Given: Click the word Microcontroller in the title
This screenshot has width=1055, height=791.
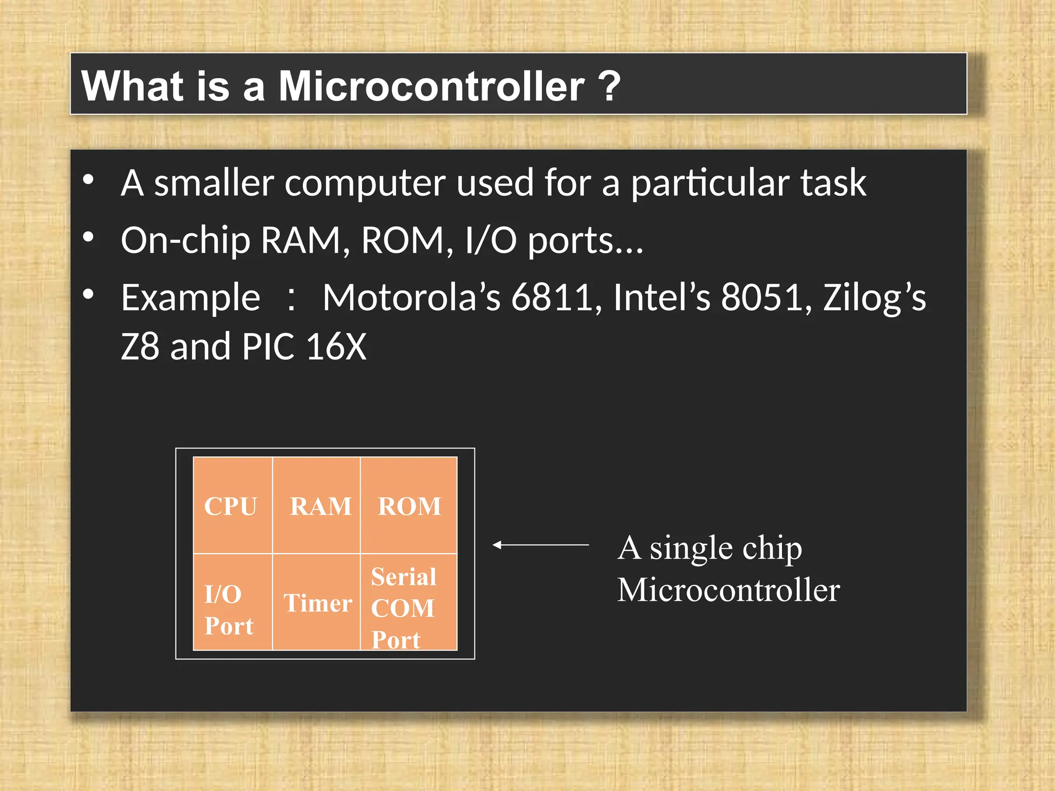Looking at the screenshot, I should tap(431, 86).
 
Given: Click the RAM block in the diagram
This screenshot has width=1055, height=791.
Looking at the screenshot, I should tap(316, 506).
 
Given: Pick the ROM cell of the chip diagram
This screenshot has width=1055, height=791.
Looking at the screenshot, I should tap(409, 506).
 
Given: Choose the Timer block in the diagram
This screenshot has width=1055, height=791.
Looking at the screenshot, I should tap(316, 603).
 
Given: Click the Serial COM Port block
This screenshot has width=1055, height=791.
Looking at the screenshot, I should tap(409, 603).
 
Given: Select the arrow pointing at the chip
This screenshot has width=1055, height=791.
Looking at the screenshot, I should tap(540, 544).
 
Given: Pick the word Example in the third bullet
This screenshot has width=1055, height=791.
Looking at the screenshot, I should tap(190, 299).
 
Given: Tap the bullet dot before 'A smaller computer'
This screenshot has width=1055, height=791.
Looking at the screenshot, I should tap(89, 179).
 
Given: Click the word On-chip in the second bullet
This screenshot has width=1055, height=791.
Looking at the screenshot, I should tap(185, 241).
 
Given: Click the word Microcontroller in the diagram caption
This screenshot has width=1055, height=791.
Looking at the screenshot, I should tap(728, 590).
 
